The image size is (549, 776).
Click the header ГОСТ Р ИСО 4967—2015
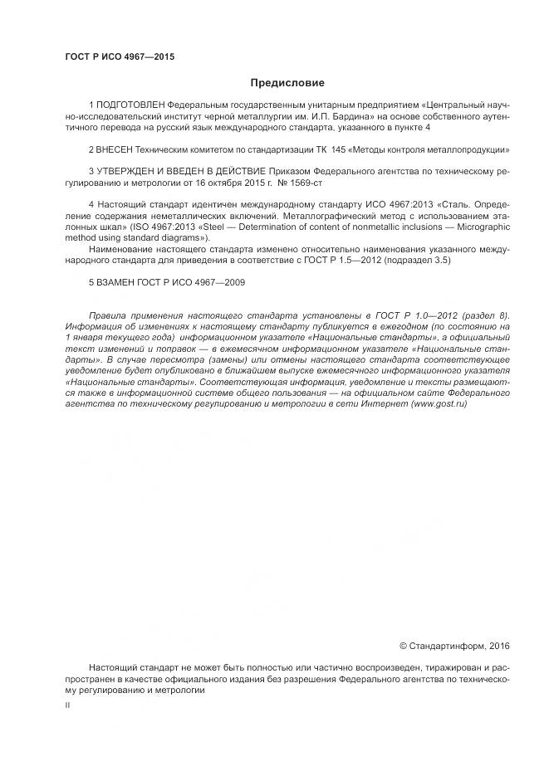point(120,57)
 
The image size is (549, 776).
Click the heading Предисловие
point(287,83)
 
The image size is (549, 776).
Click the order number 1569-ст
point(306,182)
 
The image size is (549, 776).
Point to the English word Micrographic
point(479,226)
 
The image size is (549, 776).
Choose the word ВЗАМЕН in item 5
point(117,281)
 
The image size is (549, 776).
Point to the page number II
point(67,705)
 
